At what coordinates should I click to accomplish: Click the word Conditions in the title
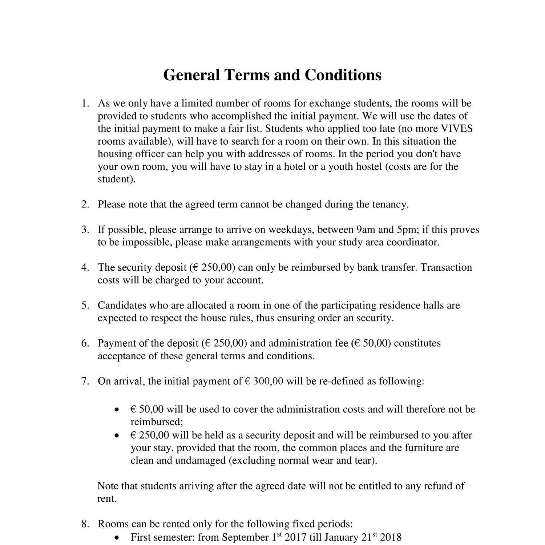(343, 75)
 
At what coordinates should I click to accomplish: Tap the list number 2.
(85, 204)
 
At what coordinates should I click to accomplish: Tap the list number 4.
(85, 267)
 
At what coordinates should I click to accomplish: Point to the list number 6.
(85, 343)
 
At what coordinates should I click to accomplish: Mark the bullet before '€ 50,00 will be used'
(116, 410)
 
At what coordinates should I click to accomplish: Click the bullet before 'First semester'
(116, 537)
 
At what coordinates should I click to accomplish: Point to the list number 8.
(85, 524)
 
